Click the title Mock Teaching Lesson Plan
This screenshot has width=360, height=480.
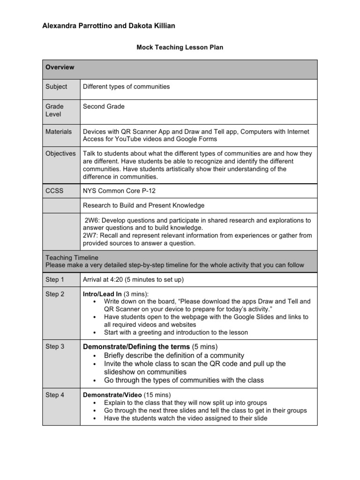point(180,47)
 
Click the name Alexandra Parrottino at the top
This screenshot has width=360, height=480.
point(76,26)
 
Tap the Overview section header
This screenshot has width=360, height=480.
point(60,67)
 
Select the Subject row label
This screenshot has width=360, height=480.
point(56,87)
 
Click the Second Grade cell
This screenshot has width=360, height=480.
point(104,106)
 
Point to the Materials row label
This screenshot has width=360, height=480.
point(59,132)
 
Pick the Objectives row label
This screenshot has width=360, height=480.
point(60,153)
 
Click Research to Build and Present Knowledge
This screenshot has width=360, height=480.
point(143,205)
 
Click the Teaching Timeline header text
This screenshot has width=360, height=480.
point(72,257)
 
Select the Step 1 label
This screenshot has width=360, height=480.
point(55,280)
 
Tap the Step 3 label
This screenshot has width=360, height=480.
point(55,346)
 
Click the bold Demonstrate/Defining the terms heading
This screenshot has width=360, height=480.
point(136,346)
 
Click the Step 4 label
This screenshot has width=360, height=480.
point(55,395)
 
